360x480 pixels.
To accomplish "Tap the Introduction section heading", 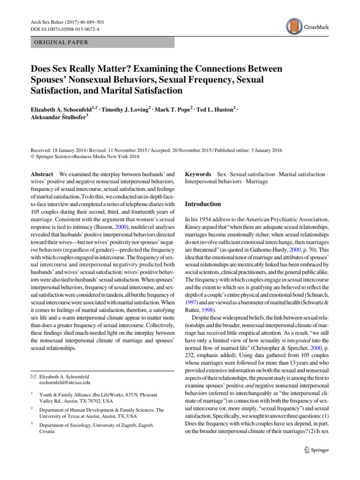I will (x=202, y=204).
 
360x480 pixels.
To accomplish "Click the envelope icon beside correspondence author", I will (x=34, y=376).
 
